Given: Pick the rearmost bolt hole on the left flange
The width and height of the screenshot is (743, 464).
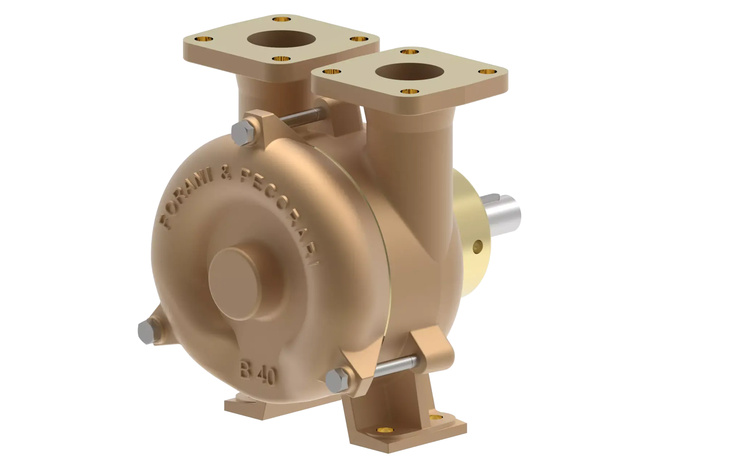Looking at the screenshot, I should point(280,18).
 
